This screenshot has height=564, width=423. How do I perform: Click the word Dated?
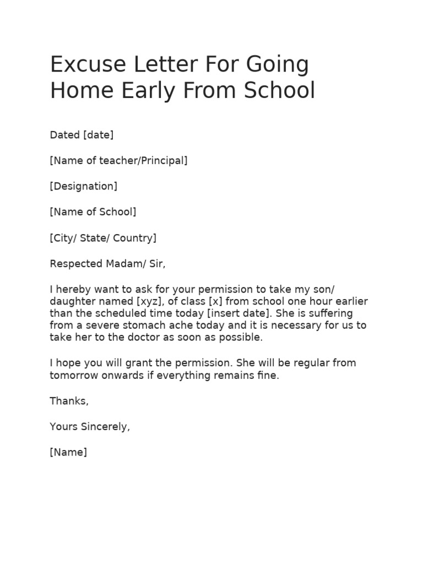(x=65, y=135)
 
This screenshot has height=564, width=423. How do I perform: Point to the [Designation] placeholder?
(x=84, y=186)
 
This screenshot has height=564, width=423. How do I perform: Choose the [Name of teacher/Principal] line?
(x=119, y=160)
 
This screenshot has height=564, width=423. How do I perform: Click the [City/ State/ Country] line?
(x=104, y=238)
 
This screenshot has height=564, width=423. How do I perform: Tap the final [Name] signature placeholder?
(x=68, y=452)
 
